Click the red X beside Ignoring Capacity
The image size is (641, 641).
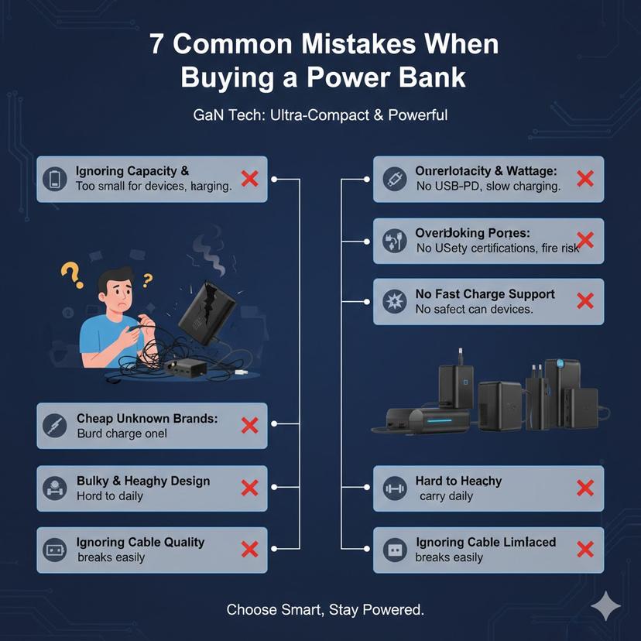click(x=249, y=179)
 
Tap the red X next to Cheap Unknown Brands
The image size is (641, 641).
click(x=249, y=425)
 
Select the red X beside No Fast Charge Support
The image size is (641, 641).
click(x=585, y=301)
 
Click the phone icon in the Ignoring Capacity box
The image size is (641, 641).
click(x=55, y=179)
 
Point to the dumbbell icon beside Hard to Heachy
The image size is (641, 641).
click(x=394, y=488)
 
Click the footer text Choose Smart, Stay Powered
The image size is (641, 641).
click(x=325, y=609)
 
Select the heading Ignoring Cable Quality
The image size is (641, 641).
click(x=140, y=542)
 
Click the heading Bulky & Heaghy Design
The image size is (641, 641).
click(x=143, y=481)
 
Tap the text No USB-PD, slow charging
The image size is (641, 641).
click(x=488, y=187)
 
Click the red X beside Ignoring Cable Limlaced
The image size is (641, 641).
click(x=585, y=550)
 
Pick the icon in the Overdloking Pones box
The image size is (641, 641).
click(x=394, y=241)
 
